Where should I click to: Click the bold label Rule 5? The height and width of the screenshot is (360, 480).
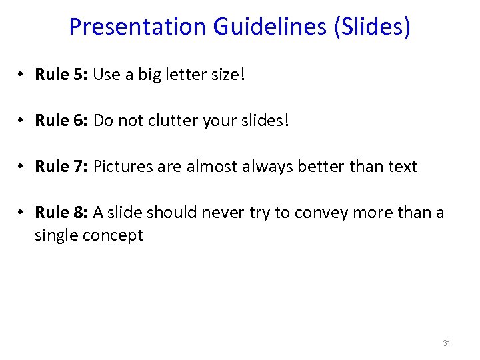coord(61,74)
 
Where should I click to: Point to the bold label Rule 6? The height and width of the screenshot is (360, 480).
coord(61,120)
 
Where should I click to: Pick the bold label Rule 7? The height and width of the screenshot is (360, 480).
coord(61,166)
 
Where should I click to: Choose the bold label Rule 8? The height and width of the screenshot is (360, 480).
coord(61,212)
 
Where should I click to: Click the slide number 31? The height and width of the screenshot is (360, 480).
coord(447,343)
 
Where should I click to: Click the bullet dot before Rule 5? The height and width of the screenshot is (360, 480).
coord(22,75)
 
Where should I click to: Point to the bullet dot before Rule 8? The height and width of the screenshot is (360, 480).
coord(22,213)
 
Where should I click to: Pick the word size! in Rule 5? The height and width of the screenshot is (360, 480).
coord(227,75)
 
